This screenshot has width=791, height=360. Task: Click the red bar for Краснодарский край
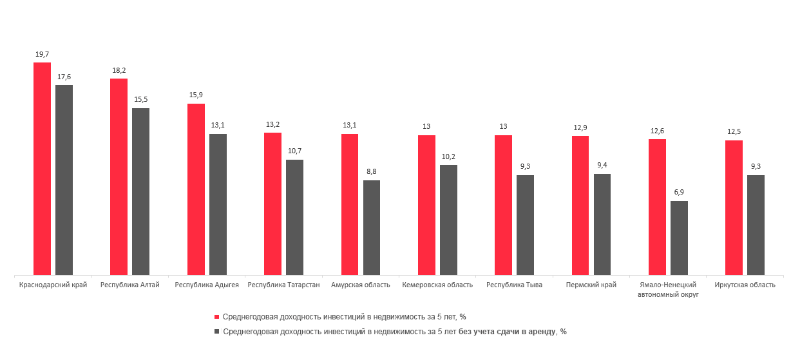pyautogui.click(x=42, y=169)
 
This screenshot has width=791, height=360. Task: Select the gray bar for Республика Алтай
pyautogui.click(x=140, y=191)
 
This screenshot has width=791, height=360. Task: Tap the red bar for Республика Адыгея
pyautogui.click(x=196, y=189)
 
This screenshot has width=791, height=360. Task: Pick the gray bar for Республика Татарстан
pyautogui.click(x=294, y=217)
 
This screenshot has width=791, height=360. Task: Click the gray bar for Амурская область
pyautogui.click(x=372, y=227)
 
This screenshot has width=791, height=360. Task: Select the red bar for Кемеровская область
pyautogui.click(x=426, y=205)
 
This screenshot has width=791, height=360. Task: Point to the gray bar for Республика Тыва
pyautogui.click(x=525, y=225)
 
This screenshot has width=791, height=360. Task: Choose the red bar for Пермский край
pyautogui.click(x=580, y=205)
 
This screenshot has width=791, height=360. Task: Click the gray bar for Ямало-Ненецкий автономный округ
pyautogui.click(x=679, y=238)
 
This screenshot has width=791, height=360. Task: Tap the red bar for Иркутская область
pyautogui.click(x=734, y=207)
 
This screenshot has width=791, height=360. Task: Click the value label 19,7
pyautogui.click(x=43, y=55)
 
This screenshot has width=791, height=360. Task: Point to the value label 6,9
pyautogui.click(x=679, y=193)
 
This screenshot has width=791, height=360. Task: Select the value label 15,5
pyautogui.click(x=141, y=100)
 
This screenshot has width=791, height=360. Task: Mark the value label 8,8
pyautogui.click(x=372, y=172)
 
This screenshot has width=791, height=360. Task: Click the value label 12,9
pyautogui.click(x=580, y=128)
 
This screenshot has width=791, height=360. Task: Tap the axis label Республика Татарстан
pyautogui.click(x=283, y=285)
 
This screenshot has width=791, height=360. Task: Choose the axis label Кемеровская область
pyautogui.click(x=437, y=285)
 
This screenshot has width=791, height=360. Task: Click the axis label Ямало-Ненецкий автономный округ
pyautogui.click(x=668, y=289)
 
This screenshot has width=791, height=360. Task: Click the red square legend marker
pyautogui.click(x=217, y=317)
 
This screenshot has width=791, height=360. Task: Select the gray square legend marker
pyautogui.click(x=217, y=332)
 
